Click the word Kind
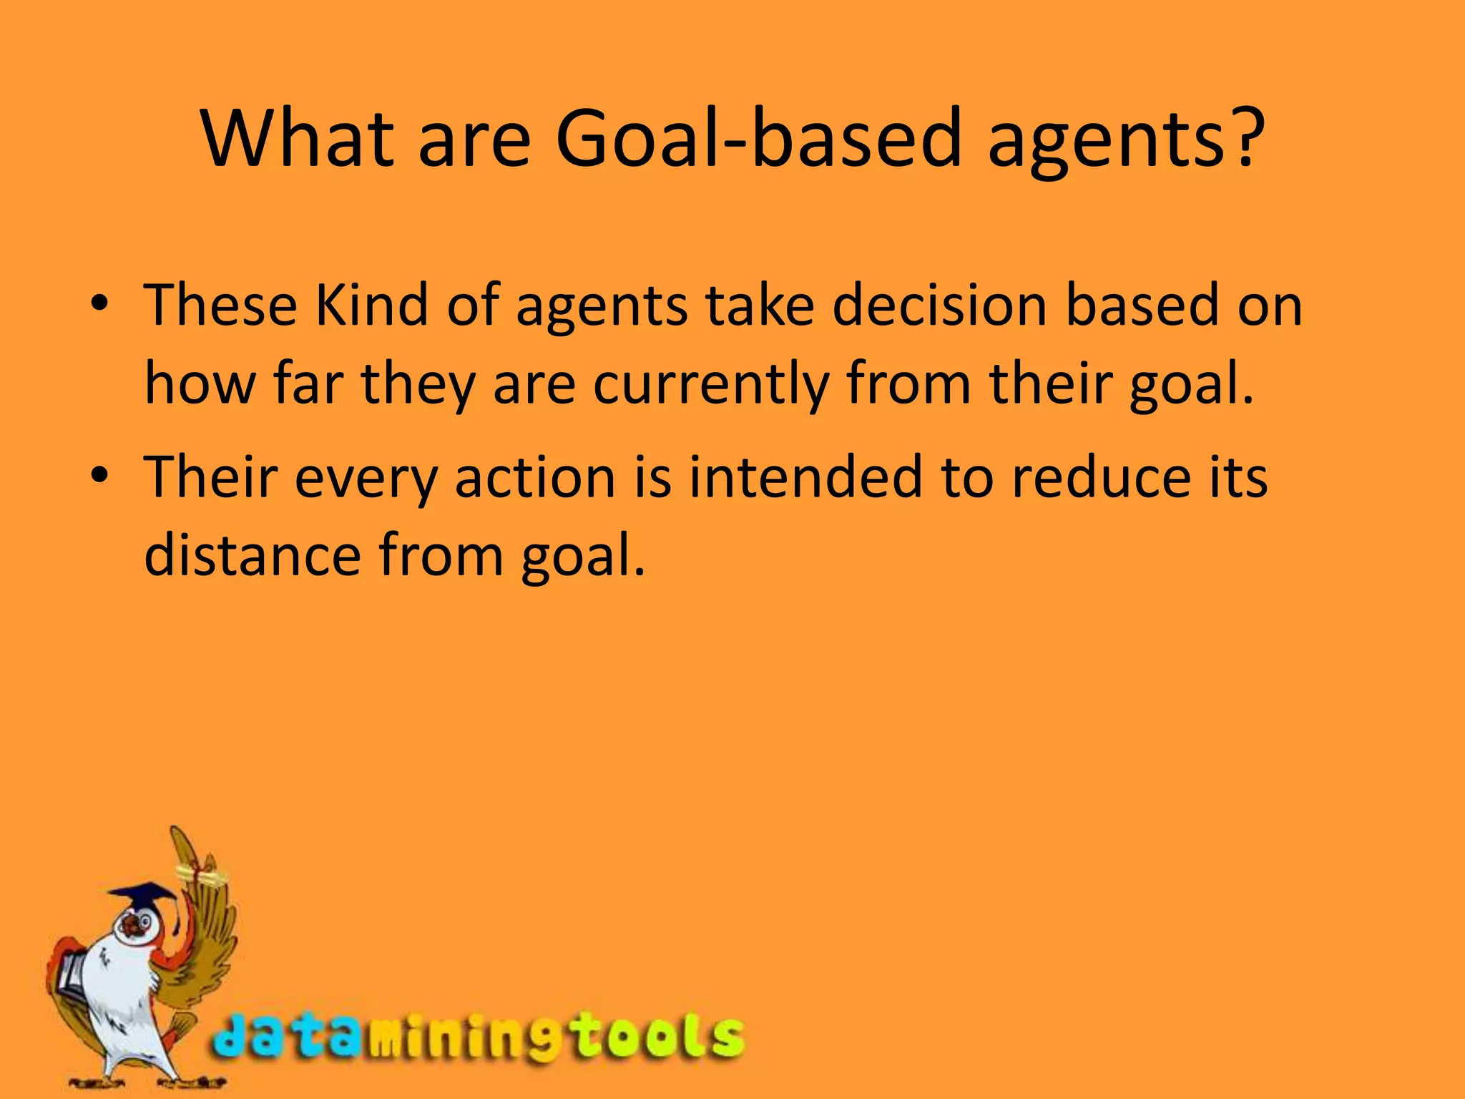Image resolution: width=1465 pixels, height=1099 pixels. [371, 306]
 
